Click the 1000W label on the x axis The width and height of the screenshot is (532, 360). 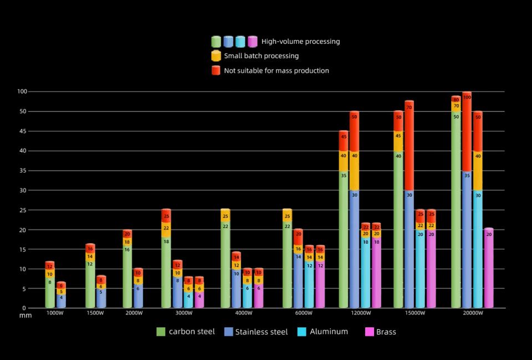(54, 313)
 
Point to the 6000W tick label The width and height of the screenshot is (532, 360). (304, 313)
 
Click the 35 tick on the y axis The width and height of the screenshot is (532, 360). (23, 171)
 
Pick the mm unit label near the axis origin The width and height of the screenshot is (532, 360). (25, 315)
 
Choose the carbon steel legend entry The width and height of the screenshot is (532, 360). (186, 332)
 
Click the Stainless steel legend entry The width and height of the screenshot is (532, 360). (256, 332)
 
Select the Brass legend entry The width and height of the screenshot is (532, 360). (381, 332)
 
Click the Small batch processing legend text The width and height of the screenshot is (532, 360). (261, 56)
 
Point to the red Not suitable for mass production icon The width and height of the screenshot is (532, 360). (216, 70)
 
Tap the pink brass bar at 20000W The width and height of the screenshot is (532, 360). (489, 268)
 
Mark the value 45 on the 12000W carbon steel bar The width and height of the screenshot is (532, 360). (344, 137)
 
